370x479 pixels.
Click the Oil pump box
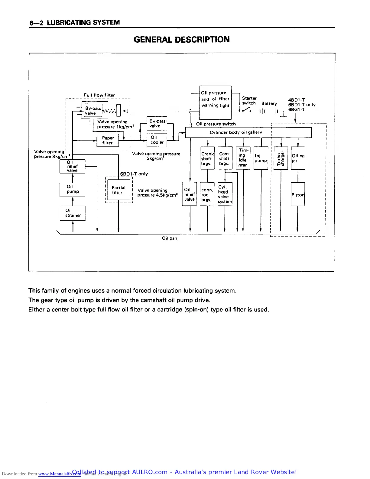tap(73, 190)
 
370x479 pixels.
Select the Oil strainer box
tap(73, 213)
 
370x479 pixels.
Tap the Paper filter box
tap(107, 140)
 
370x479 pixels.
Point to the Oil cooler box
tap(157, 140)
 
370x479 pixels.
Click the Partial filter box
tap(119, 190)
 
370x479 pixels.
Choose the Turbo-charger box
tap(281, 158)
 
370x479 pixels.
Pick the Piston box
tap(298, 194)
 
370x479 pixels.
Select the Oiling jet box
tap(298, 158)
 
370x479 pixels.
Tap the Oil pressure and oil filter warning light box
tap(216, 103)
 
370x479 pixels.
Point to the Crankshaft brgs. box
tap(207, 158)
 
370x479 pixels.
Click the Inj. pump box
tap(261, 158)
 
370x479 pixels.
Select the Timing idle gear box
tap(243, 158)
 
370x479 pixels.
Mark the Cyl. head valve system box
tap(225, 194)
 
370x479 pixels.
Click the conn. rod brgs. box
tap(207, 194)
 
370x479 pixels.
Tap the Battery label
tap(269, 103)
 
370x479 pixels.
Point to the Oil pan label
tap(170, 238)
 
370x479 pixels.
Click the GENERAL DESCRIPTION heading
tap(181, 40)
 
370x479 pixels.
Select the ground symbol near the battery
tap(283, 116)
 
